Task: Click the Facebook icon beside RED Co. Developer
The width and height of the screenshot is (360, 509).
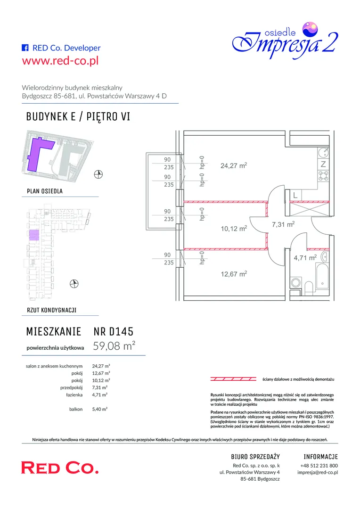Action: click(25, 48)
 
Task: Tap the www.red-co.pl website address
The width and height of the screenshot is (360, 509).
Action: click(60, 61)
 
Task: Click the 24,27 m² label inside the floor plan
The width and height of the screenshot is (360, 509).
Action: click(234, 165)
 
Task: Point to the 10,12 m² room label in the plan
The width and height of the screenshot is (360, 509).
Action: click(234, 229)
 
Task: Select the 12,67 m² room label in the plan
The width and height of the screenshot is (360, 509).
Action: click(234, 274)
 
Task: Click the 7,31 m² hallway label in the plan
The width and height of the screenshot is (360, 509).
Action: click(283, 224)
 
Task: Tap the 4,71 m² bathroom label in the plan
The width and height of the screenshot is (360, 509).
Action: click(305, 258)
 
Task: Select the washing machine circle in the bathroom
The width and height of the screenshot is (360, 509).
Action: click(295, 282)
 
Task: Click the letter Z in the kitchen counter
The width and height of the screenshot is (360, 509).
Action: click(323, 164)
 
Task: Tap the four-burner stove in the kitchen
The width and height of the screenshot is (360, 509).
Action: click(323, 176)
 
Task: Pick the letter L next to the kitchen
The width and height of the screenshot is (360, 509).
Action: click(295, 195)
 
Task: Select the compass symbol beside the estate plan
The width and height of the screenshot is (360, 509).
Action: click(98, 174)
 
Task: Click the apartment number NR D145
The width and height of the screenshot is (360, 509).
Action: click(113, 331)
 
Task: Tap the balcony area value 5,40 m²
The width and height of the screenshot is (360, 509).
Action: click(99, 409)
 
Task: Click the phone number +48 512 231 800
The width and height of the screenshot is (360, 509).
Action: click(319, 465)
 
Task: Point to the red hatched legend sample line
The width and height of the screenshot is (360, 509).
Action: click(233, 379)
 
